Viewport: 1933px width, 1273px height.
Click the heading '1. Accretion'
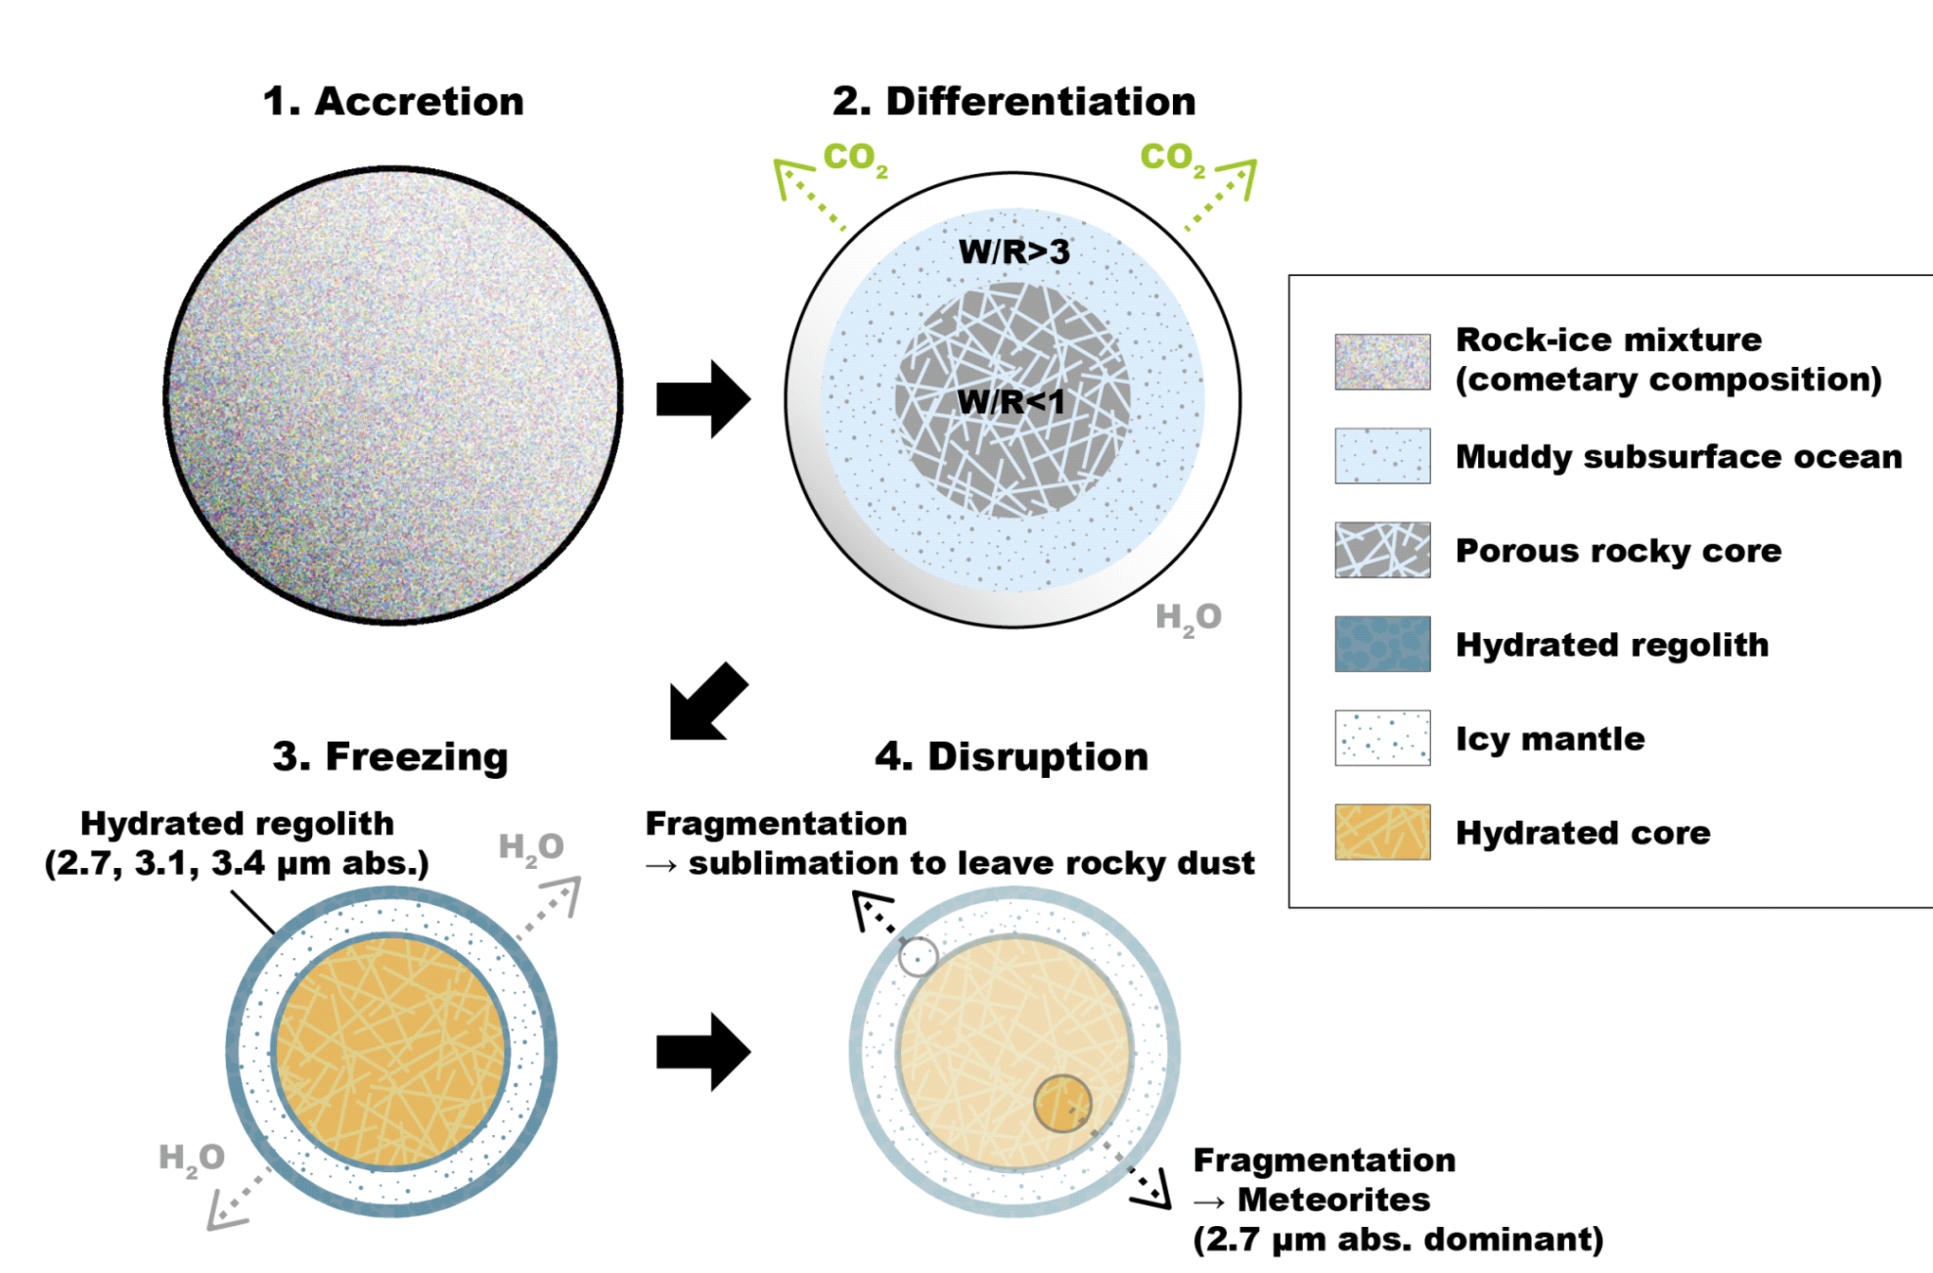click(393, 102)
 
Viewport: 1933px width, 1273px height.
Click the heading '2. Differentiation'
click(1013, 102)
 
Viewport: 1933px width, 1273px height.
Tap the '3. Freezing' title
click(390, 756)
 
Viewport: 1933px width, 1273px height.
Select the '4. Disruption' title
click(1011, 756)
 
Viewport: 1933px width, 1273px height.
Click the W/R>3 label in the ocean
click(1013, 251)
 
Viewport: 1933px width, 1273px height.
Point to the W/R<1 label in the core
click(1010, 401)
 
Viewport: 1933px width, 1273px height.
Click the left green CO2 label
click(855, 158)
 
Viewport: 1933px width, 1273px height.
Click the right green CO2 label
click(1172, 158)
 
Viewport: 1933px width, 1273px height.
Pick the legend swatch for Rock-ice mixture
click(1382, 362)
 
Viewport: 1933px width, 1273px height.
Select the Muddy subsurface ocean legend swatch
click(1382, 456)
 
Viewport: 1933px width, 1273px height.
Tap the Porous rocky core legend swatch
click(1382, 550)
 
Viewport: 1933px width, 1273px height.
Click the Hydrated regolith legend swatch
click(1382, 644)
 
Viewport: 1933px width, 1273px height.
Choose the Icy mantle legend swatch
click(1382, 738)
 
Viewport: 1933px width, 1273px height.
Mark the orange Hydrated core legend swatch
click(1382, 832)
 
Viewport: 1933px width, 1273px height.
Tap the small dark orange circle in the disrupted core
click(1062, 1104)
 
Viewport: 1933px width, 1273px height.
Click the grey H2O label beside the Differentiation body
click(1188, 617)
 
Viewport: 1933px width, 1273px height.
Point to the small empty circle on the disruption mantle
click(918, 957)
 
